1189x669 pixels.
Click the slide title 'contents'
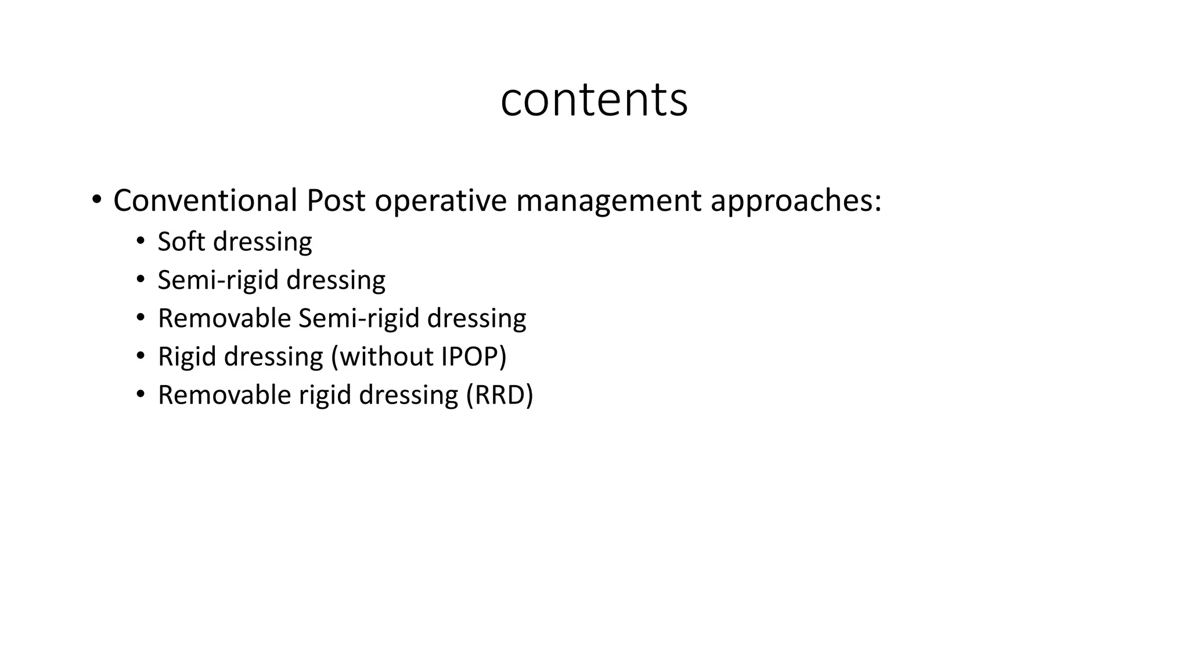(x=594, y=100)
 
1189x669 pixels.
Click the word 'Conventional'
(x=205, y=200)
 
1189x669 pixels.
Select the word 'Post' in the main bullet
(x=336, y=200)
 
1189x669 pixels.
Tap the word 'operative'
(x=441, y=202)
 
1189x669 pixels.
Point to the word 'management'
(x=608, y=202)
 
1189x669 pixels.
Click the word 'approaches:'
(x=796, y=202)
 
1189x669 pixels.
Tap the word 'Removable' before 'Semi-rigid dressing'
(x=224, y=318)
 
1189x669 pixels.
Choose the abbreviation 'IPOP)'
(x=474, y=357)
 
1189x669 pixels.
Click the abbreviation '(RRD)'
(x=499, y=395)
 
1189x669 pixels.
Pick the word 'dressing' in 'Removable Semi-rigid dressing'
(x=476, y=319)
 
